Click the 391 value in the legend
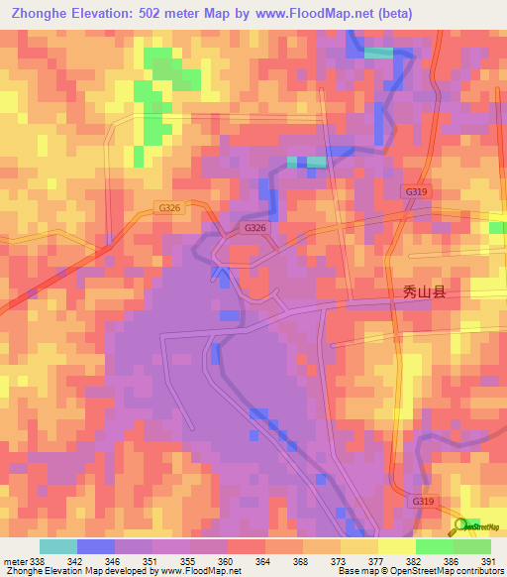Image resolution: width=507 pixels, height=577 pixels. [485, 560]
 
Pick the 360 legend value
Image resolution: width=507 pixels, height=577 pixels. [222, 560]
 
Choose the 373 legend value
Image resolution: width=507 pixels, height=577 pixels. [335, 560]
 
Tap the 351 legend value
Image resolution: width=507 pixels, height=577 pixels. [147, 560]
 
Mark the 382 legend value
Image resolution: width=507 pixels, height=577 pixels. [410, 560]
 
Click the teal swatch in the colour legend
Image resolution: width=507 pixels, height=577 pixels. [57, 546]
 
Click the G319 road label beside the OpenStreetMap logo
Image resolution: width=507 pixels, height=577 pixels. [421, 503]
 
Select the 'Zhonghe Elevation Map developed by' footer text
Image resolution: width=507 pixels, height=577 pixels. [75, 570]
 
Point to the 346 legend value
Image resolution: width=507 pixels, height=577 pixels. [109, 560]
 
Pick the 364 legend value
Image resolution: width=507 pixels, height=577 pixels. [259, 560]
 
